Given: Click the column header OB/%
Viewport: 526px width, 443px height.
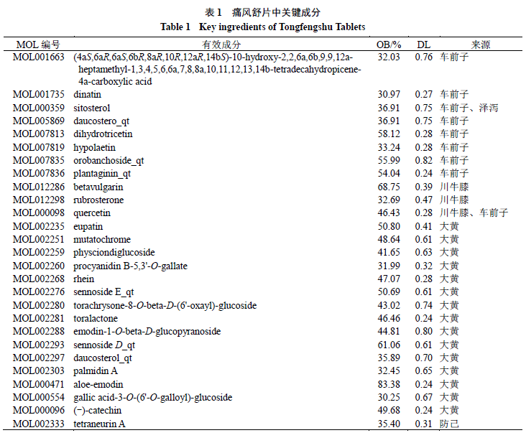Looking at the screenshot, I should [x=389, y=45].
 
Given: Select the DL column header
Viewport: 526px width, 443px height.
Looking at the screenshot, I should [x=424, y=45].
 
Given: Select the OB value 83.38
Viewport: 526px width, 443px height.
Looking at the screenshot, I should [x=389, y=384].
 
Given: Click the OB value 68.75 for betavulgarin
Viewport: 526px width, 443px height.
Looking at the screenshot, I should [x=389, y=187].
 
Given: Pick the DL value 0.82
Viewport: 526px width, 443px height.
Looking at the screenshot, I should [x=424, y=160].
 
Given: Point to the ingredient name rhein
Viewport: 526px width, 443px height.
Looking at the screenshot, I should [x=83, y=279].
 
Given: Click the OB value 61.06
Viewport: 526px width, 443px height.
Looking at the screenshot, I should [x=389, y=345].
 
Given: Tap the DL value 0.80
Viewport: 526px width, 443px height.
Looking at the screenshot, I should [x=424, y=332].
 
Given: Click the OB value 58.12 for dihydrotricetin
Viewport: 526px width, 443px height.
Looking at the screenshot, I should [x=389, y=134].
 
